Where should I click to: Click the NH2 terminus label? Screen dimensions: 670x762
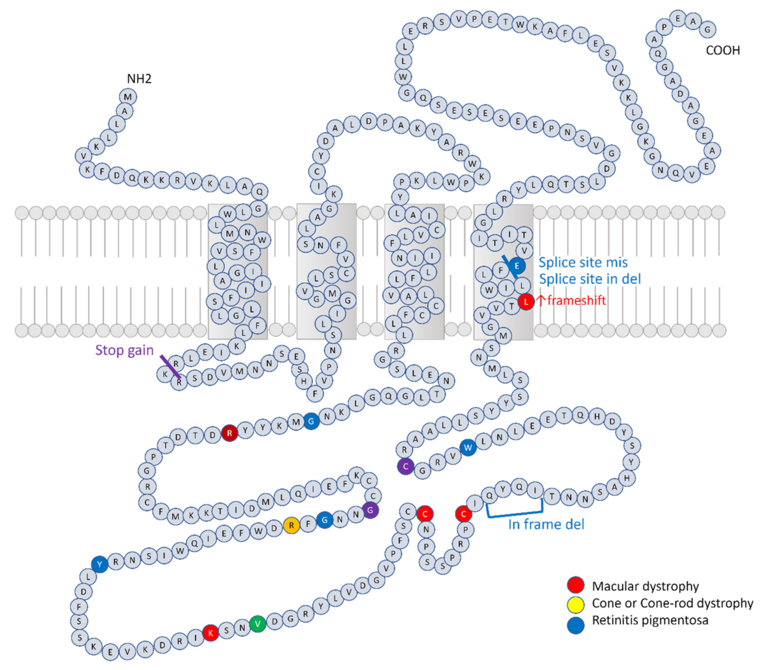[139, 79]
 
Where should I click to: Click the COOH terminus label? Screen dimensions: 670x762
[722, 51]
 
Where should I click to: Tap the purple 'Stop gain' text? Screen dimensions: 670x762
[124, 350]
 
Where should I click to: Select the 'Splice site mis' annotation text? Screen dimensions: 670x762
[583, 263]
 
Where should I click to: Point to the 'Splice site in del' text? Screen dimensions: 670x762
[590, 279]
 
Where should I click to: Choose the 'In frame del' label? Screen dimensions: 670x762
[546, 525]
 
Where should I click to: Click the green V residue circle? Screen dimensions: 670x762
[258, 623]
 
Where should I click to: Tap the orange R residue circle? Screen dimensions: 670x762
[291, 525]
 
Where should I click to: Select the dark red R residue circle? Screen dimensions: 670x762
[230, 433]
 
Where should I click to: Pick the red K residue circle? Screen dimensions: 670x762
[210, 633]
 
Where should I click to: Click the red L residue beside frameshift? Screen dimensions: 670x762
[526, 302]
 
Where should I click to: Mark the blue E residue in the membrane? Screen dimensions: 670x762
[517, 265]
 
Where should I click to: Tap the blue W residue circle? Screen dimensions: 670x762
[468, 448]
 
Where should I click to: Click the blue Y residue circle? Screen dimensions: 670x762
[100, 564]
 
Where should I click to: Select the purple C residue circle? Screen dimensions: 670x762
[406, 466]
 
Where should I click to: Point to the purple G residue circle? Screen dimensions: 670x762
[370, 510]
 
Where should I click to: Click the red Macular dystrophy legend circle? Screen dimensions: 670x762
[576, 586]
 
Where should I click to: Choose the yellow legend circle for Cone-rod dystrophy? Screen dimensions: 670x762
[576, 604]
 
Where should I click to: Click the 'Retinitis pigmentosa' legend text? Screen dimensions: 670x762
[650, 621]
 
